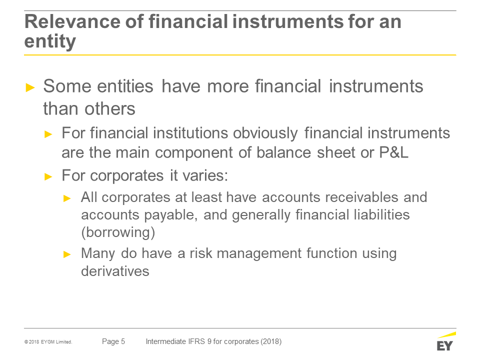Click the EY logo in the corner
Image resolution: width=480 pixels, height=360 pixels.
446,341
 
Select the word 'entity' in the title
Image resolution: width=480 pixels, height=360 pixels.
50,41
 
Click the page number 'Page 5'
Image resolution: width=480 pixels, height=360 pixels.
113,341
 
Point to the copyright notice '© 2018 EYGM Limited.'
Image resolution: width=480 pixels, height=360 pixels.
48,342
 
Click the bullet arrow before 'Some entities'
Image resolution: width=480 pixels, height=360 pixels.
30,87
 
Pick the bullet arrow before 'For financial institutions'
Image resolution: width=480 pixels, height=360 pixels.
48,134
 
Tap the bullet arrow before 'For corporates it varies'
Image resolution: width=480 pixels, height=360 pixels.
48,176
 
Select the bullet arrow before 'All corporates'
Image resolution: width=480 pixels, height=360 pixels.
67,198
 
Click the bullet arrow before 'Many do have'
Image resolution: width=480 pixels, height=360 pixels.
67,254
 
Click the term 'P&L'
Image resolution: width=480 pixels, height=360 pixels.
393,152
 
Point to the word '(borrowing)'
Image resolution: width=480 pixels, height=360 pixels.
118,232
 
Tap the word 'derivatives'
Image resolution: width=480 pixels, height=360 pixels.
115,271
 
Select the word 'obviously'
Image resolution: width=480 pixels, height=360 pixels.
265,133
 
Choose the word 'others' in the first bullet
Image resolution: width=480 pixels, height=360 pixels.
110,108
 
